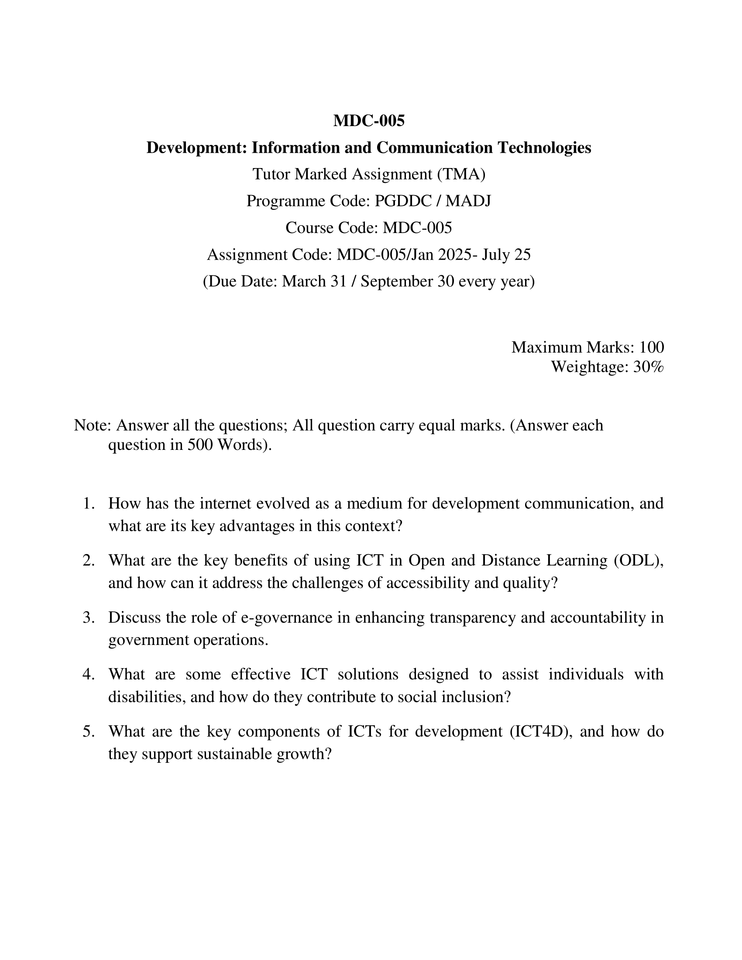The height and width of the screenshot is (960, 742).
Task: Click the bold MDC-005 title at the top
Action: point(369,120)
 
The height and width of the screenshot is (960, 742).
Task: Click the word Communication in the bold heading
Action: point(434,147)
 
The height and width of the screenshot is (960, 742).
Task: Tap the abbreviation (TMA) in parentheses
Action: point(461,175)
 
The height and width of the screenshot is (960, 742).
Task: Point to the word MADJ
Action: point(468,201)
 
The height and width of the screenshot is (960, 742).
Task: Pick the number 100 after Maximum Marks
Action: point(651,347)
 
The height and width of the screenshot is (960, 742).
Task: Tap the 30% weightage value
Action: point(648,367)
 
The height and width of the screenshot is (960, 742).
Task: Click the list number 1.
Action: point(89,503)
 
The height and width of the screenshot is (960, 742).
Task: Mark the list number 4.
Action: point(89,674)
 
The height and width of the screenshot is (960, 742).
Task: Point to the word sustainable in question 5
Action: point(234,754)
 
